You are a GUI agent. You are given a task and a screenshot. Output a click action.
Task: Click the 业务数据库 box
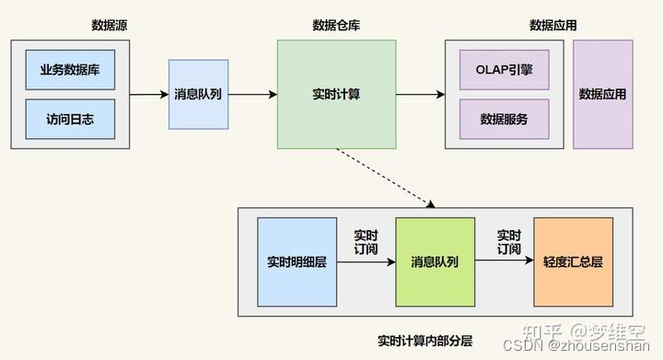(71, 70)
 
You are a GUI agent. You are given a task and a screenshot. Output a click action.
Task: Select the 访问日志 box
(71, 119)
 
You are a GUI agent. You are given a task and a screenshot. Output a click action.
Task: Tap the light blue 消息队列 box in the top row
(198, 94)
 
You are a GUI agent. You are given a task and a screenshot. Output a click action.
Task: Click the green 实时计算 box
(337, 94)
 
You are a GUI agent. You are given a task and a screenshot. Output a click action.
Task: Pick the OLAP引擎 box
(504, 70)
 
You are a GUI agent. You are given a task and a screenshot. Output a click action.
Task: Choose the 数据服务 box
(504, 119)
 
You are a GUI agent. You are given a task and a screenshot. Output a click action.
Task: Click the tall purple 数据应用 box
(602, 94)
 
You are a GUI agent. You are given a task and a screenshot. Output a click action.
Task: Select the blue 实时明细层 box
(297, 262)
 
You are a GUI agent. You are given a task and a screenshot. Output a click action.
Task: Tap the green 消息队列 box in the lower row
(435, 262)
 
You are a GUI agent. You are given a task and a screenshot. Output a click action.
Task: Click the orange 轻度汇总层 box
(573, 262)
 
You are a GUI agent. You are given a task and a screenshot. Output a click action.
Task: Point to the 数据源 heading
(110, 25)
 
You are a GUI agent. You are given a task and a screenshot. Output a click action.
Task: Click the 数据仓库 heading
(336, 25)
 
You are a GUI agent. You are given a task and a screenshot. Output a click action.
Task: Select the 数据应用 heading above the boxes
(552, 25)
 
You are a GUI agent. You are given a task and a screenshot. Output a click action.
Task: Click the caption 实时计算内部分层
(425, 341)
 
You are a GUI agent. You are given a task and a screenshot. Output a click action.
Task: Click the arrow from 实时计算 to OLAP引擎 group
(420, 94)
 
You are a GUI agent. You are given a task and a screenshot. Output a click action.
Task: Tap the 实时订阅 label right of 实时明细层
(366, 242)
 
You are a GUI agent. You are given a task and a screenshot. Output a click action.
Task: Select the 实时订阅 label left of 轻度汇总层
(508, 242)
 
